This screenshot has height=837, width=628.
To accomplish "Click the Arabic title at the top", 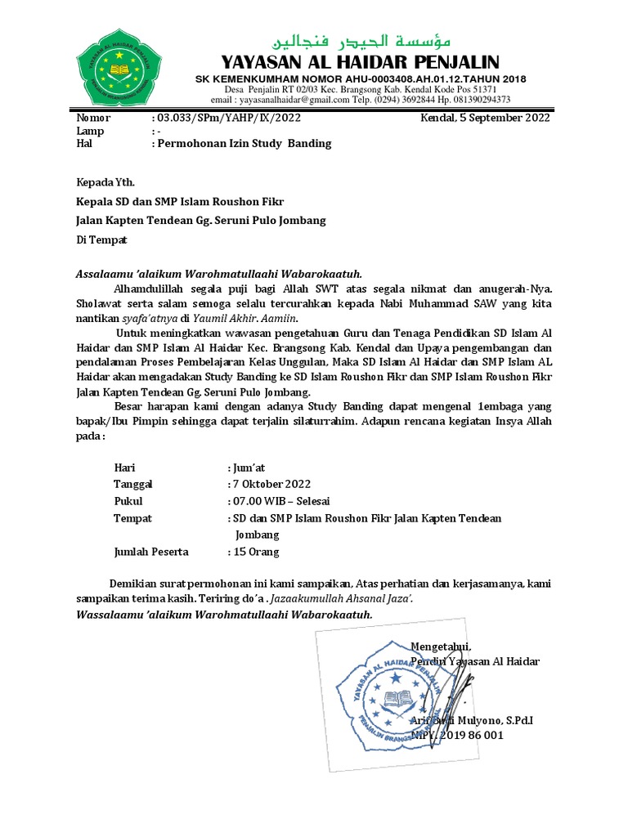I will [366, 42].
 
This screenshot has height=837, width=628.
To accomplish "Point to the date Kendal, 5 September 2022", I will [485, 118].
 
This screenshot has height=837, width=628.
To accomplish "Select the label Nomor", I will [92, 118].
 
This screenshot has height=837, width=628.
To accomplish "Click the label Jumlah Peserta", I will [151, 552].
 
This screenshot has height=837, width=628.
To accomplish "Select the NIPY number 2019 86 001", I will [474, 736].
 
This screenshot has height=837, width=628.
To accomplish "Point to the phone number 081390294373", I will [475, 100].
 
